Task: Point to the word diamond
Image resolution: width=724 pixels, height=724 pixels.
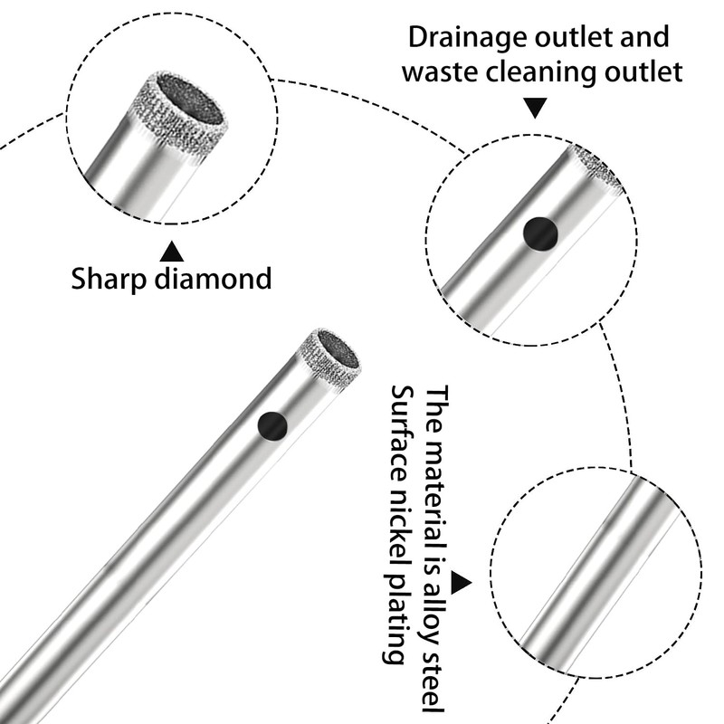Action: [x=216, y=278]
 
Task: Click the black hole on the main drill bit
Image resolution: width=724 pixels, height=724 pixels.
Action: [x=271, y=424]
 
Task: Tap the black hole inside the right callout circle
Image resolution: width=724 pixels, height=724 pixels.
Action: [x=540, y=233]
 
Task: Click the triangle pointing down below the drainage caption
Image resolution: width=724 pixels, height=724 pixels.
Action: [x=537, y=110]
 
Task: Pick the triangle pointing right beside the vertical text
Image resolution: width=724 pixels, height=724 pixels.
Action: [x=461, y=583]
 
